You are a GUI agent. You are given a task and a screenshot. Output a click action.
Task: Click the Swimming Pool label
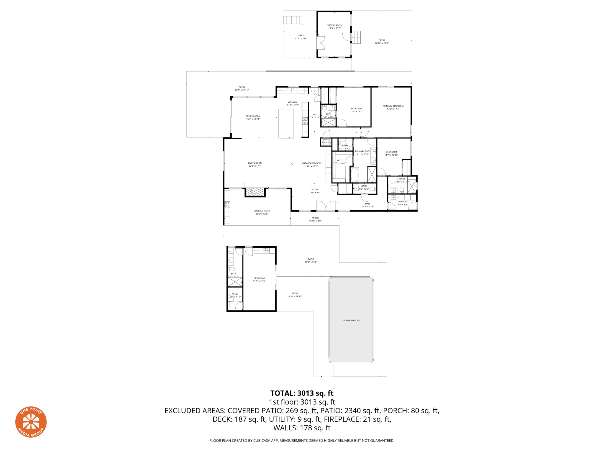pos(351,320)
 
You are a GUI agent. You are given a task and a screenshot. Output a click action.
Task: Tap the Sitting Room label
pos(334,26)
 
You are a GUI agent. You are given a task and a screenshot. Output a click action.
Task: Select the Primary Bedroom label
pos(393,106)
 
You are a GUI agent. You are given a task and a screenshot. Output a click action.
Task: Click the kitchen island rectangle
pos(286,124)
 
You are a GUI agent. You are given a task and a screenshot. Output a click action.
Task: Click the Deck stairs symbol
pos(293,20)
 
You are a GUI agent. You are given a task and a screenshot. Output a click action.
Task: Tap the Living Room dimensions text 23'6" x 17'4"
pos(255,166)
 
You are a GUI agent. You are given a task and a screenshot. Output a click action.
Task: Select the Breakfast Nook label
pos(311,163)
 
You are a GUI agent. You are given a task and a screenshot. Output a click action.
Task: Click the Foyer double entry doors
pos(326,206)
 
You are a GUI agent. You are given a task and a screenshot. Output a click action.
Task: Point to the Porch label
pos(315,218)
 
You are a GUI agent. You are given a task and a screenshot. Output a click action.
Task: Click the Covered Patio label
pos(262,211)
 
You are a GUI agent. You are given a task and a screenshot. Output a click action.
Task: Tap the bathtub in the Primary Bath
pos(354,175)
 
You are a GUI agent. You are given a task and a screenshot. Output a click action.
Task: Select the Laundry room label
pos(402,202)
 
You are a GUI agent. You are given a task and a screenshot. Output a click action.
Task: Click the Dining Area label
pos(253,116)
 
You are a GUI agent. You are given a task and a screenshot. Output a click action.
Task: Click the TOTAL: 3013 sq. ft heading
pos(302,393)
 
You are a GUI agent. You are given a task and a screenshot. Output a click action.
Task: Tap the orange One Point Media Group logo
pos(31,422)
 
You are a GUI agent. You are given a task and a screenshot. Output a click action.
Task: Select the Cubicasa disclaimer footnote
pos(302,441)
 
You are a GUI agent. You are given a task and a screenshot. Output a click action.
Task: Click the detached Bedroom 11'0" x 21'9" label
pos(259,278)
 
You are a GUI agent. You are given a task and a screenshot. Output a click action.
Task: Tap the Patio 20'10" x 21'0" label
pos(382,40)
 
